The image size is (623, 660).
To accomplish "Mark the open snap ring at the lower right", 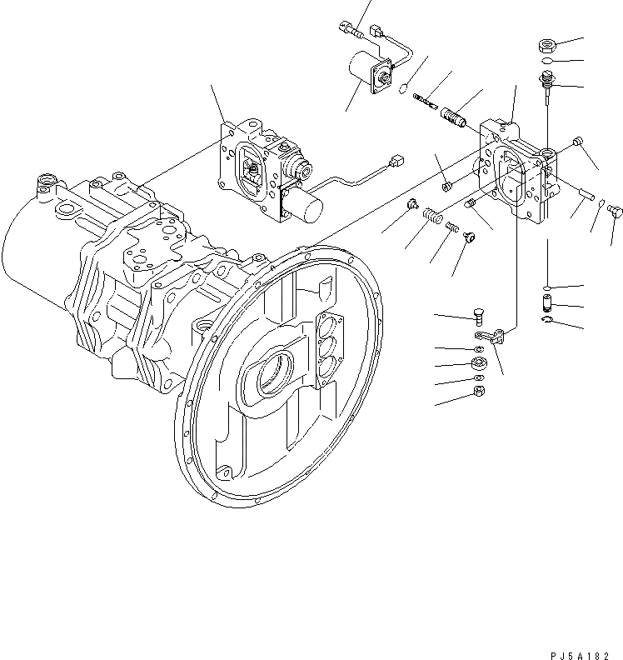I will (x=546, y=318).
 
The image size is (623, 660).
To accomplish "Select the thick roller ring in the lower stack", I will (x=480, y=362).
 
